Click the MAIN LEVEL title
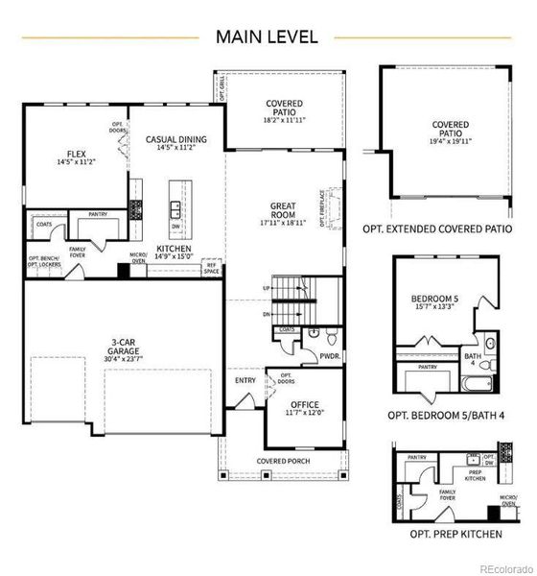(x=268, y=36)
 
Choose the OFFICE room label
(x=305, y=404)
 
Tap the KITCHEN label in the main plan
(x=174, y=249)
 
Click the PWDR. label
(x=331, y=354)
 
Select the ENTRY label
(x=245, y=379)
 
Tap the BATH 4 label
(x=471, y=358)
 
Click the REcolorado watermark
(x=505, y=565)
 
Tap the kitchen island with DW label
(x=176, y=209)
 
